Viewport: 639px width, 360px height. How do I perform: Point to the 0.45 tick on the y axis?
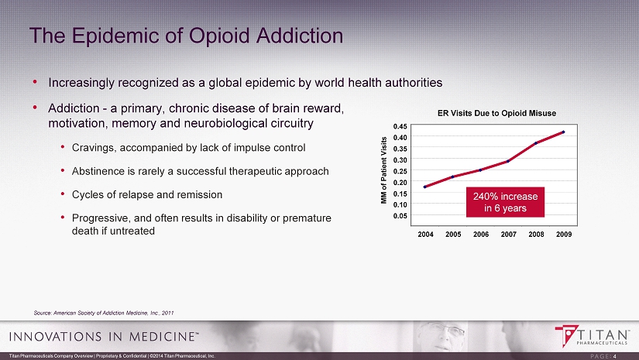[x=400, y=126]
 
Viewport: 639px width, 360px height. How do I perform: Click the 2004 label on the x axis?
[x=424, y=233]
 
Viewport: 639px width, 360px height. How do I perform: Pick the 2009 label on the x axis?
[x=564, y=233]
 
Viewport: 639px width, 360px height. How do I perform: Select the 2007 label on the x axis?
[x=508, y=233]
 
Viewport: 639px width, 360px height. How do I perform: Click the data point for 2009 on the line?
[x=564, y=132]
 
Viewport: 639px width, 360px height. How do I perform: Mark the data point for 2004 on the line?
[x=425, y=187]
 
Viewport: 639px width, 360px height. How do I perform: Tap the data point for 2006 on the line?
[x=480, y=170]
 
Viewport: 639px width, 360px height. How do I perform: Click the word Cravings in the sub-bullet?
[x=94, y=147]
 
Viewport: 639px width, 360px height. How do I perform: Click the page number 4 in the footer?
[x=615, y=356]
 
